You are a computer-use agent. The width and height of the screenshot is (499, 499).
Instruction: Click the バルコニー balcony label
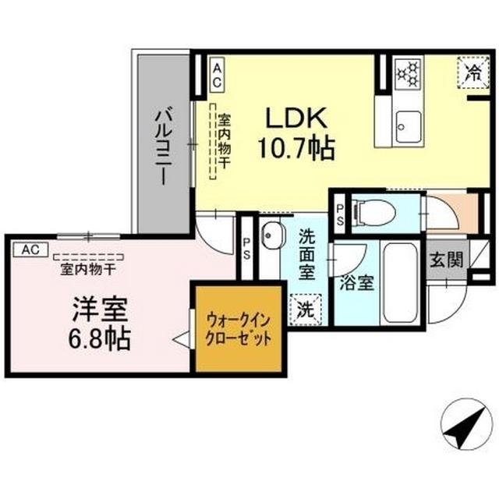coord(162,145)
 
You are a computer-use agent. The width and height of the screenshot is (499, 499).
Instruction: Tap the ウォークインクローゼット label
coord(239,331)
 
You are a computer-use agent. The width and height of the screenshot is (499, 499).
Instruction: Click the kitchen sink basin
coord(406,123)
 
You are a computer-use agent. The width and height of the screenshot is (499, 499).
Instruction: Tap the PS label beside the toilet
coord(341,213)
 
